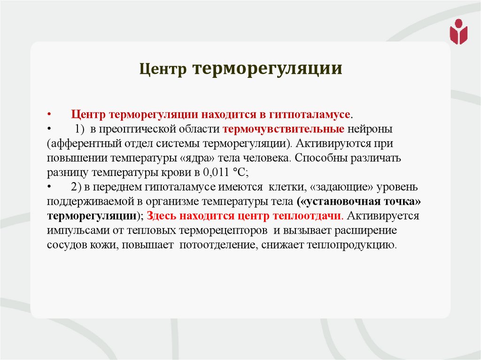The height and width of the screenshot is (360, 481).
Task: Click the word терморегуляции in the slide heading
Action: click(x=266, y=69)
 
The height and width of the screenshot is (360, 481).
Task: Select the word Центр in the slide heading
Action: click(x=163, y=69)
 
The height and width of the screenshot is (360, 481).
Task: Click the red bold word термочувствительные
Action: click(x=284, y=129)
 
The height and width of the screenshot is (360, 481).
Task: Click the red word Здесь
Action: click(x=161, y=216)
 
